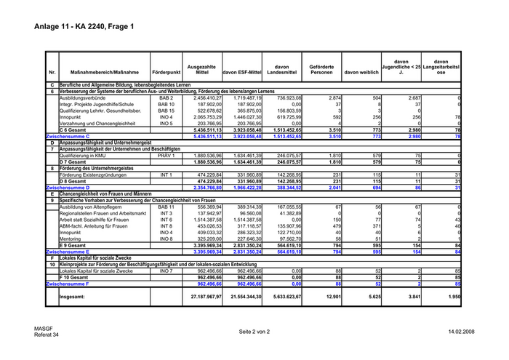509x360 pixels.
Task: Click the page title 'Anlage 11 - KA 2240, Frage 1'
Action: (84, 27)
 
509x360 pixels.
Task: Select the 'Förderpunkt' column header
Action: (167, 73)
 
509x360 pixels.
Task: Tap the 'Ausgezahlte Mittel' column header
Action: (202, 70)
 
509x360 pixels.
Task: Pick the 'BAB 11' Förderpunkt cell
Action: (167, 207)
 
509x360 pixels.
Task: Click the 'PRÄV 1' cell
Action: (167, 155)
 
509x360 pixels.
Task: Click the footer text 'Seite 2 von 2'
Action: (254, 332)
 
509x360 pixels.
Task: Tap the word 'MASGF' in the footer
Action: (42, 329)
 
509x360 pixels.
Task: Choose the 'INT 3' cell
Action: (167, 213)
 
